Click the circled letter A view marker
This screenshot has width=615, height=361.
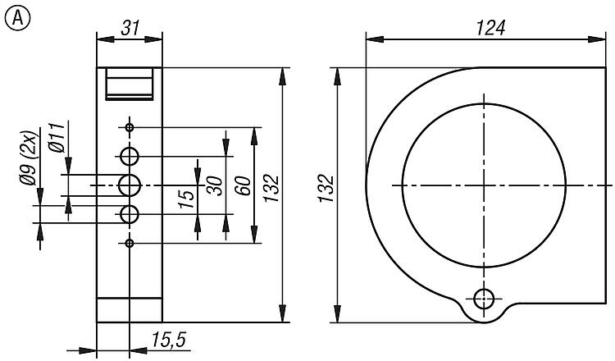coord(17,18)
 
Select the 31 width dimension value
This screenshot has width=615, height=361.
coord(130,28)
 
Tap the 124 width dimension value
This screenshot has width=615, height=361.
coord(490,28)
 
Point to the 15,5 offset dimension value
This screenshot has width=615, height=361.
coord(169,340)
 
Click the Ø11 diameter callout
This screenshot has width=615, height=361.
coord(57,137)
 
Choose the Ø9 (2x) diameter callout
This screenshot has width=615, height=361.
coord(29,158)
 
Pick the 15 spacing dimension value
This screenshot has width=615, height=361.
coord(187,199)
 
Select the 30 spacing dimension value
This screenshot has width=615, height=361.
coord(215,185)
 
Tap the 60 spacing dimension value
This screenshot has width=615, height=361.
coord(243,185)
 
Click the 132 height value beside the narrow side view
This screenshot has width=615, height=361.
coord(271,189)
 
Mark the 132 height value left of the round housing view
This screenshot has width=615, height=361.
coord(326,189)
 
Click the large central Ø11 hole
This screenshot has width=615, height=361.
coord(130,185)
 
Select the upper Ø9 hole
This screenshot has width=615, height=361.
coord(130,157)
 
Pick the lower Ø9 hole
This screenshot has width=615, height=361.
coord(130,214)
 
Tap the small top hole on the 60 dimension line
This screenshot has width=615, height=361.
coord(130,127)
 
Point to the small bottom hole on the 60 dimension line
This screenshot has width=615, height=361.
coord(130,244)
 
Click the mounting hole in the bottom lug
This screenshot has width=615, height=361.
coord(484,299)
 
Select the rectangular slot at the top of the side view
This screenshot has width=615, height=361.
coord(129,84)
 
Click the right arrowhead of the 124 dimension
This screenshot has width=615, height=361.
coord(597,39)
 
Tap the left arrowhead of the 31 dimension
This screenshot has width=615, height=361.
coord(106,39)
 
